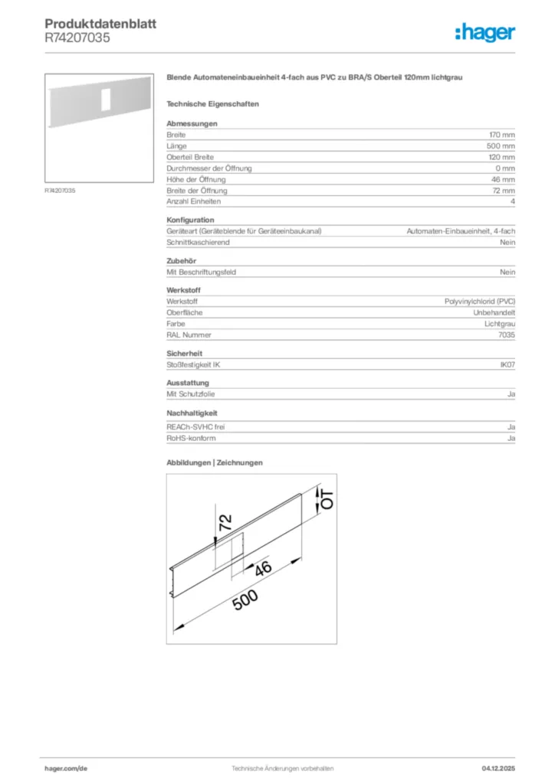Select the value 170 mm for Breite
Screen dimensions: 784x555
501,135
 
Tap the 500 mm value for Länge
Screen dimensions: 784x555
501,145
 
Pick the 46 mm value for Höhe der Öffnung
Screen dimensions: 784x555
503,179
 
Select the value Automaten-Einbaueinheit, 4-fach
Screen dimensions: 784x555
460,231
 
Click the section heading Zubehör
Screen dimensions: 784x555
182,261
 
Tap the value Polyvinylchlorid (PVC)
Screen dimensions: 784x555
480,302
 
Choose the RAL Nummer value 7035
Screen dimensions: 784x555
507,335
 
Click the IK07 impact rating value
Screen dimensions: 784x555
507,364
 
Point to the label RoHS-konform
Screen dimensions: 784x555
191,439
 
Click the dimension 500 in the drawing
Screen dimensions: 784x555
246,602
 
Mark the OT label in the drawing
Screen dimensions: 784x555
327,501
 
